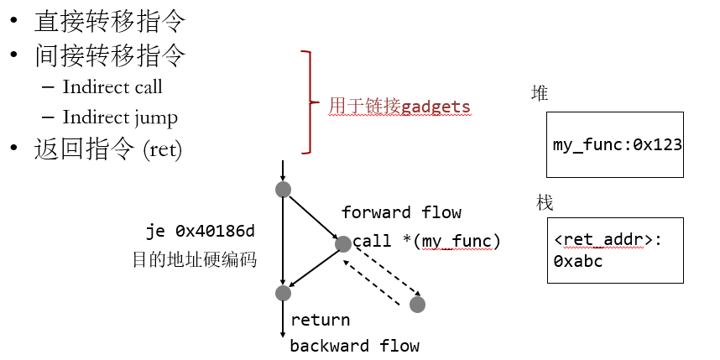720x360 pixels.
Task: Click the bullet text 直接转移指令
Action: pyautogui.click(x=109, y=20)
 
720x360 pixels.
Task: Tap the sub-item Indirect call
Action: pyautogui.click(x=112, y=87)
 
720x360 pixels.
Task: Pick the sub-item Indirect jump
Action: pyautogui.click(x=120, y=117)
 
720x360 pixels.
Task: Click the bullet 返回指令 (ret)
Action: pyautogui.click(x=108, y=149)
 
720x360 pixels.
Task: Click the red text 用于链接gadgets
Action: pyautogui.click(x=399, y=107)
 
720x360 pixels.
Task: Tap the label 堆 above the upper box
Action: pyautogui.click(x=540, y=93)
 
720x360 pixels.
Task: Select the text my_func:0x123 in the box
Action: pyautogui.click(x=617, y=144)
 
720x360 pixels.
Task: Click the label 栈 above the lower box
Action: pyautogui.click(x=544, y=203)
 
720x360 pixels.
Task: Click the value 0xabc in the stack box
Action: pyautogui.click(x=578, y=261)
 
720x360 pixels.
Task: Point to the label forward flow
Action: pyautogui.click(x=401, y=212)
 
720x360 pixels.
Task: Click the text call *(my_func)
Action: pyautogui.click(x=426, y=242)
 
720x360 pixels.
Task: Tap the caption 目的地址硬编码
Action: pyautogui.click(x=195, y=260)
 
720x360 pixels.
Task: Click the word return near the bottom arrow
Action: pyautogui.click(x=320, y=320)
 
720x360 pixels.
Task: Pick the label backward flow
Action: pyautogui.click(x=354, y=346)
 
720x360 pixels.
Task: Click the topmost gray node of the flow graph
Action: pyautogui.click(x=283, y=189)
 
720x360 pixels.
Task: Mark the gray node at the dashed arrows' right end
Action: pyautogui.click(x=417, y=305)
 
